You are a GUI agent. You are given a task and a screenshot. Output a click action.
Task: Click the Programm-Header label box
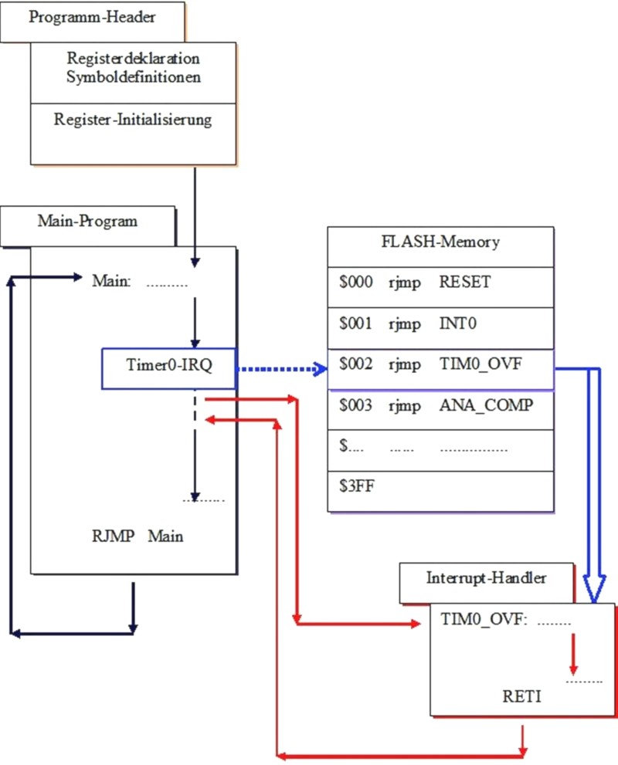[92, 19]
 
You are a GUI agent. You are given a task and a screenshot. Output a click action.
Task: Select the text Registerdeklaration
[133, 59]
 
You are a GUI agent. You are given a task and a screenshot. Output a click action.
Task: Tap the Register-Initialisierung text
[133, 120]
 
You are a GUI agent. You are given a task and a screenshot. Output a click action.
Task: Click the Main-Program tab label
[87, 222]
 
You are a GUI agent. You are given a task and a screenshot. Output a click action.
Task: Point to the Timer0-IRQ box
[169, 365]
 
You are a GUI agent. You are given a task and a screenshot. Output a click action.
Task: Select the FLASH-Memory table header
[440, 242]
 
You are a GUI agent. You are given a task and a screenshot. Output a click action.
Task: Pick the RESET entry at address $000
[464, 283]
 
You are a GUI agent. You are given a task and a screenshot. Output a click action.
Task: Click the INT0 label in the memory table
[458, 323]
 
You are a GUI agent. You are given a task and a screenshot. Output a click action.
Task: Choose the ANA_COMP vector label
[486, 405]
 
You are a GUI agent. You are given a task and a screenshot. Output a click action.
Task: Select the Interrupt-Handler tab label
[487, 578]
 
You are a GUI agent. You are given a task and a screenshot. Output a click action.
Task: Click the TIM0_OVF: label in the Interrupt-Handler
[483, 619]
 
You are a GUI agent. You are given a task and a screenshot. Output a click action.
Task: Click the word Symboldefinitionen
[133, 77]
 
